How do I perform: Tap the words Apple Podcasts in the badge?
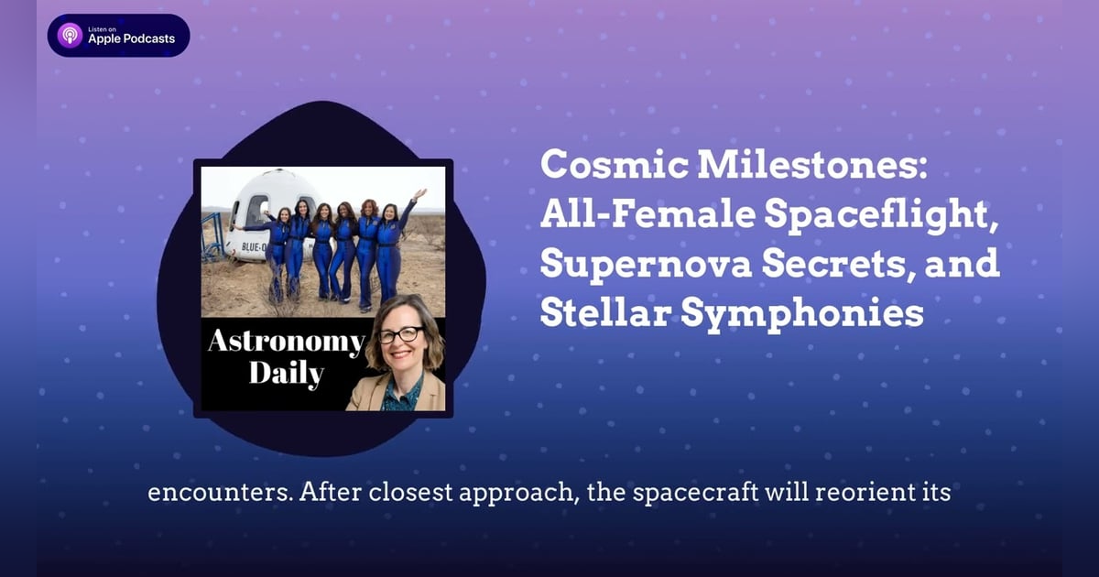[x=131, y=39]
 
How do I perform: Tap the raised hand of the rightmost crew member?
[x=419, y=194]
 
